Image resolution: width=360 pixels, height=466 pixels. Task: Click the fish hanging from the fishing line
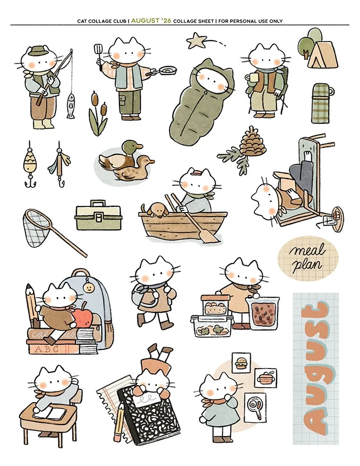(70, 106)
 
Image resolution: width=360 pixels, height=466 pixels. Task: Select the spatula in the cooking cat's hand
(98, 51)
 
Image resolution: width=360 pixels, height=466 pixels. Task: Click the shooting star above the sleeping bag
(193, 40)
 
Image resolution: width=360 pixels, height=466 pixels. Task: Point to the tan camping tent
(322, 56)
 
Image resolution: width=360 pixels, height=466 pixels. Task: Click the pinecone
(252, 142)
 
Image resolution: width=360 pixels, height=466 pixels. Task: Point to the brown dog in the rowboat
(155, 210)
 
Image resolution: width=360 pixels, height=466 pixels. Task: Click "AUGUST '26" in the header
(151, 21)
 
